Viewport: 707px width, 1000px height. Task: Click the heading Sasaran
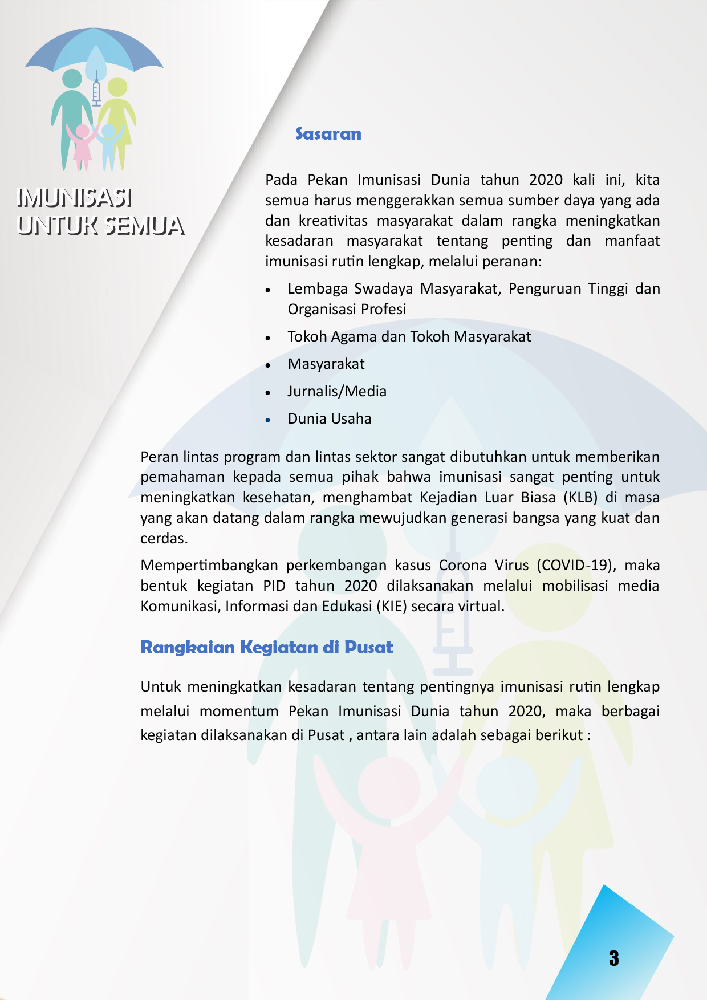tap(328, 134)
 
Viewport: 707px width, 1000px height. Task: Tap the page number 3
tap(613, 958)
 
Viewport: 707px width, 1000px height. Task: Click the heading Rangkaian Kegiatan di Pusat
tap(266, 648)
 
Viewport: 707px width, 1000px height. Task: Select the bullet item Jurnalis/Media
tap(337, 392)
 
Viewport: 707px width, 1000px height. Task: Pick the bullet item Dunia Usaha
tap(330, 419)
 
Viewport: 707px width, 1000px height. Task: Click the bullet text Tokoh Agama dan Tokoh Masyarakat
tap(409, 337)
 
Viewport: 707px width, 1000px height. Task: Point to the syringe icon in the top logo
tap(96, 90)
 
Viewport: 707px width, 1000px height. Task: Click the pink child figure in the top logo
tap(82, 145)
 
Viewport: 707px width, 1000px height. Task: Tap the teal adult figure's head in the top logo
tap(72, 79)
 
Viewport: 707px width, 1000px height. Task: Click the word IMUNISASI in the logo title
tap(75, 198)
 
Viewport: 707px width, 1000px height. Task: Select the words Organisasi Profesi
tap(347, 310)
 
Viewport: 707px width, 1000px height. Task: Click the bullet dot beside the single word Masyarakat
tap(268, 365)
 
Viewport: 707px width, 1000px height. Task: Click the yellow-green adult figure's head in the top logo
tap(117, 87)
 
